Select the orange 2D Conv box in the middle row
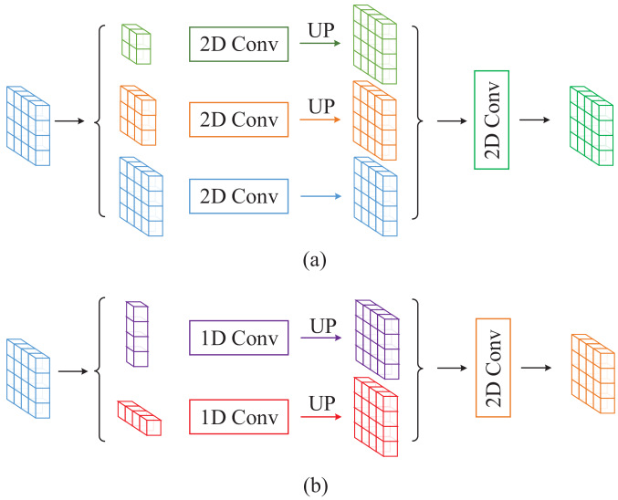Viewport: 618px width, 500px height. (x=238, y=120)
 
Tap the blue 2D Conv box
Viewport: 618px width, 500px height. (x=238, y=194)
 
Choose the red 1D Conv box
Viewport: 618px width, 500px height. (x=238, y=420)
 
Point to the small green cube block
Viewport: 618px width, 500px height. (x=135, y=46)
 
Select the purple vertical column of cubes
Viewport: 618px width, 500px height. (x=135, y=337)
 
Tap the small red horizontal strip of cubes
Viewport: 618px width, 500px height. (x=141, y=420)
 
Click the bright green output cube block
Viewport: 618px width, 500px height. (x=591, y=119)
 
